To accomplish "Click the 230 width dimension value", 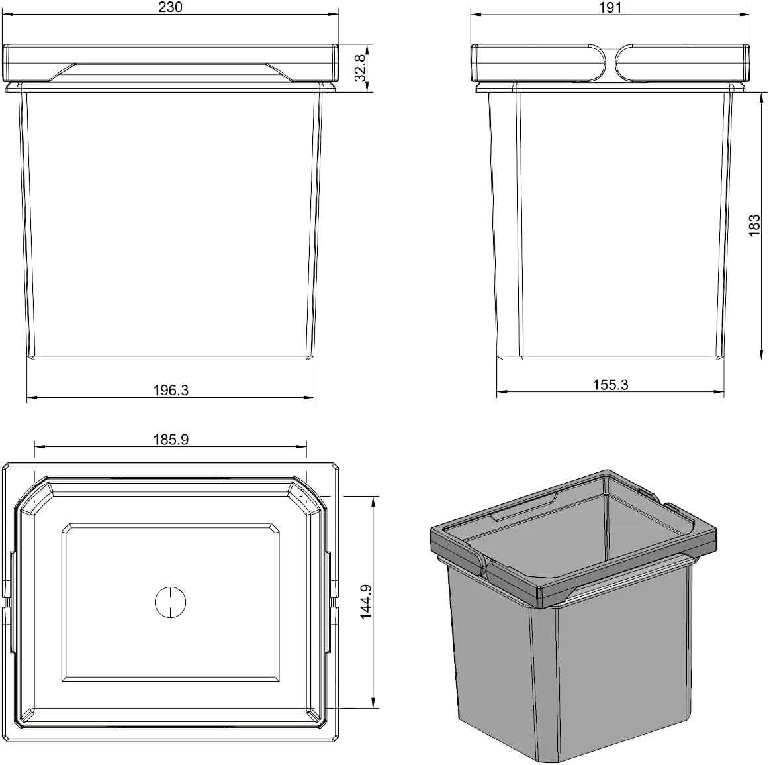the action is (x=171, y=7).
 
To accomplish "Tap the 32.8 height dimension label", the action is (x=360, y=68).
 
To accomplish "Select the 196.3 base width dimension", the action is (x=171, y=391).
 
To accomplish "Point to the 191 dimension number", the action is (x=611, y=7).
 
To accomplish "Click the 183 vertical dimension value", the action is (x=754, y=226).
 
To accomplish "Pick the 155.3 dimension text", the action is (x=611, y=385).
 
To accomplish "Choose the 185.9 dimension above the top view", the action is (x=171, y=440).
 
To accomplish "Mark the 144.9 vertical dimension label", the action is (x=367, y=601).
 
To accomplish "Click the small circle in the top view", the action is (x=171, y=601).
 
